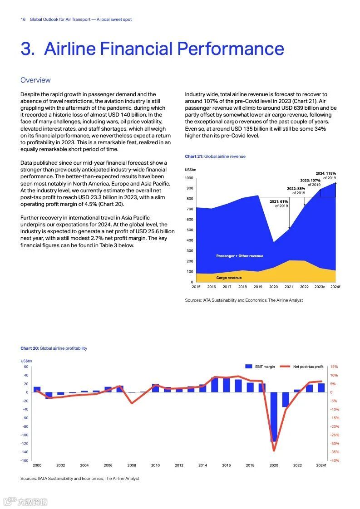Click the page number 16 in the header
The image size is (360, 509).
(23, 20)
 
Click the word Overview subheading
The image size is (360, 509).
(35, 80)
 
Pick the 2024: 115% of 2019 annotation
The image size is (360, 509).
(326, 176)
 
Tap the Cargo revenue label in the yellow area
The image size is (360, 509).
(229, 278)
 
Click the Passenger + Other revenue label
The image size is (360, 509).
(239, 256)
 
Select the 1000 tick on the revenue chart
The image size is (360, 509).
(189, 178)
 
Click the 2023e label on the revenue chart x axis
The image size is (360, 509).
(320, 287)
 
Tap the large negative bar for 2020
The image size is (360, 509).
(274, 417)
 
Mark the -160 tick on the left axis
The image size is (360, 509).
(25, 460)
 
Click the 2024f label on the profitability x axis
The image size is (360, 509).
(321, 465)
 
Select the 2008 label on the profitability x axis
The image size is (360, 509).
(132, 465)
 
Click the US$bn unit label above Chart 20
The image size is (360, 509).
(26, 361)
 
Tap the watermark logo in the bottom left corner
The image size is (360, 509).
(25, 502)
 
